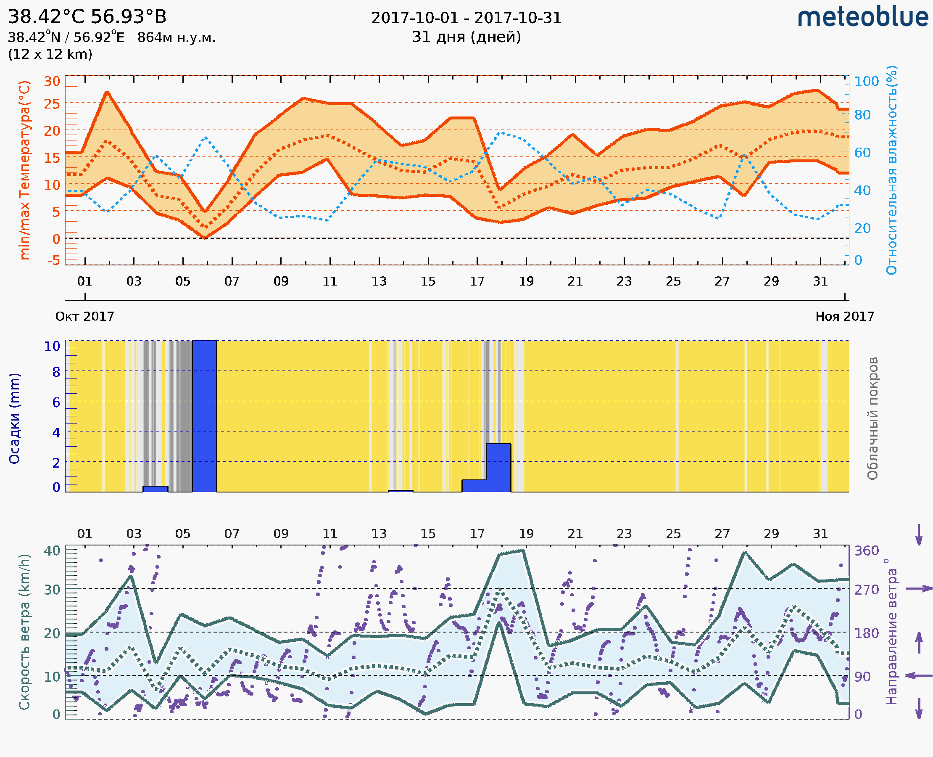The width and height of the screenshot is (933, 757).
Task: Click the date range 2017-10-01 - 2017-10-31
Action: pos(466,19)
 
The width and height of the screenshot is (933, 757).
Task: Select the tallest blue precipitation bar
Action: pos(204,416)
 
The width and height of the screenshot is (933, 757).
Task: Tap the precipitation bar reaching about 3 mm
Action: pos(498,468)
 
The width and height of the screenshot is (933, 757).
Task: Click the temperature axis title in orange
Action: pos(25,170)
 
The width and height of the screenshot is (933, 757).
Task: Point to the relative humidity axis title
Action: pos(892,170)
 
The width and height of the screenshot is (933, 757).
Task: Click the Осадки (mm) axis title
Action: pos(14,418)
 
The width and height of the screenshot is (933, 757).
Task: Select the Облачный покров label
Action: pos(872,418)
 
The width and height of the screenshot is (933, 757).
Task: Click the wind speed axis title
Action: pos(24,632)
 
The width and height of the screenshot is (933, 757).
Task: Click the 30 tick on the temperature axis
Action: pos(52,82)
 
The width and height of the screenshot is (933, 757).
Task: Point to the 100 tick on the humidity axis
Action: pos(866,82)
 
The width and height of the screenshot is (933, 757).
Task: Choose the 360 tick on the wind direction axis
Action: pos(866,551)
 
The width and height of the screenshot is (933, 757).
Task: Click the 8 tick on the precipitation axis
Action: pos(56,372)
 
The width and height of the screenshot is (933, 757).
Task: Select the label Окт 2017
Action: pos(84,317)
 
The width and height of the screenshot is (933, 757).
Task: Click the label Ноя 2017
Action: pos(845,317)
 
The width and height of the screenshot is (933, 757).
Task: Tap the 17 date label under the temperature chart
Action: pos(477,281)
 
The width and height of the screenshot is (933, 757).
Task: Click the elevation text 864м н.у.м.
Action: pos(177,38)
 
